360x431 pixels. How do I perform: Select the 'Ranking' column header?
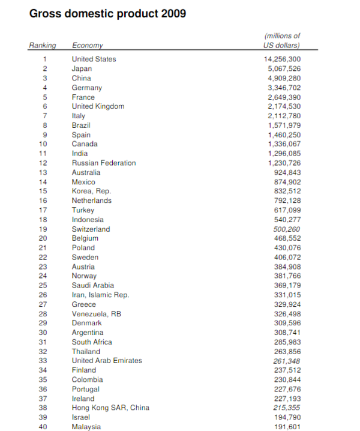coord(43,46)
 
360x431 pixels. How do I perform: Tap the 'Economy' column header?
coord(87,46)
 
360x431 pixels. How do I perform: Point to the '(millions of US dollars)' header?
coord(282,41)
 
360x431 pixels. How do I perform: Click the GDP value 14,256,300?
coord(283,59)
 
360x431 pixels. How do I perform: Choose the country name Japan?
coord(82,68)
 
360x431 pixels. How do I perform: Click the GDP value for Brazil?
coord(284,125)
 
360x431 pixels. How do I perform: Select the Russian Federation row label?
coord(104,163)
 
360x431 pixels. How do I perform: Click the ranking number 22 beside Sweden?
coord(43,258)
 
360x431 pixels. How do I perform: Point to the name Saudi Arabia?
coord(92,286)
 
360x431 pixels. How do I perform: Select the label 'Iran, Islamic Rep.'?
coord(100,295)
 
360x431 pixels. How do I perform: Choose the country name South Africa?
coord(92,342)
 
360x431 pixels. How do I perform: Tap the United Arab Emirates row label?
coord(107,361)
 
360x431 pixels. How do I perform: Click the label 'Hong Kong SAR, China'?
coord(110,408)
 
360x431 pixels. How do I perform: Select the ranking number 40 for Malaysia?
coord(43,427)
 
